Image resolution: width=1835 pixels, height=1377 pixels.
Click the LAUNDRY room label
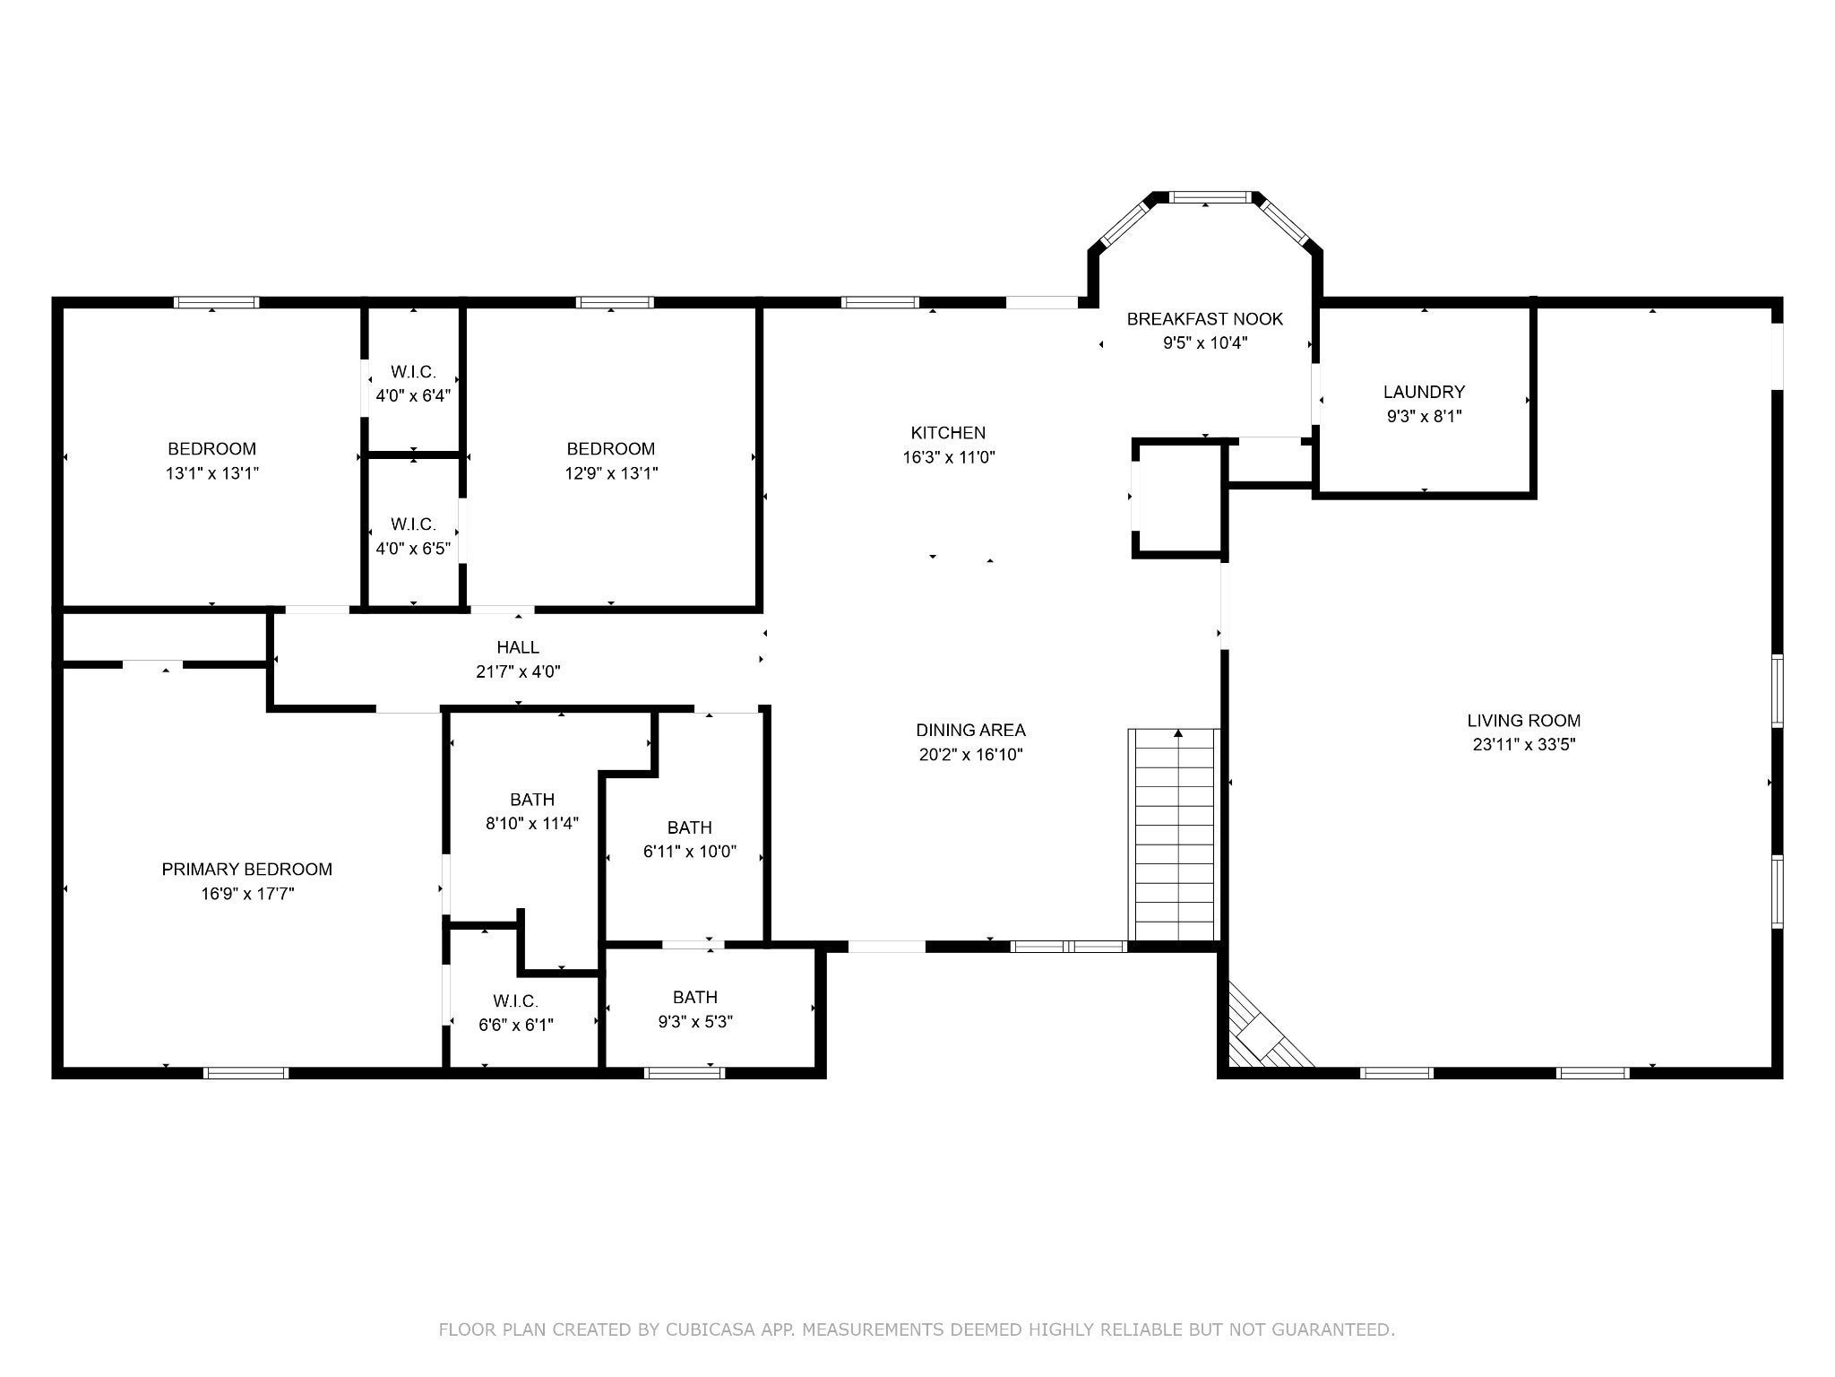1424,392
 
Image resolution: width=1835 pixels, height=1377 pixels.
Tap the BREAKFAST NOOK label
1205,319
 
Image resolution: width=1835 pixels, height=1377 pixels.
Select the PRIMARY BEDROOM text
246,869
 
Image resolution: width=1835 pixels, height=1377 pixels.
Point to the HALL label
518,647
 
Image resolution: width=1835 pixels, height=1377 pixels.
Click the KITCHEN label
948,433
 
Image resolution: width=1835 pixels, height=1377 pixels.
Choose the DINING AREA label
970,730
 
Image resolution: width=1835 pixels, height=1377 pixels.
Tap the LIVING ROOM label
1523,720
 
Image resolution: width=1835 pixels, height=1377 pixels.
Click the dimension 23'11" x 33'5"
1523,744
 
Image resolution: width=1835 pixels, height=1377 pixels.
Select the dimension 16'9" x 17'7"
247,893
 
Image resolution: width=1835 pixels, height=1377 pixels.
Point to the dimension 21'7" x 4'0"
518,671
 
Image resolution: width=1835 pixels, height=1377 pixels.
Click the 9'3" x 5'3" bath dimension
694,1021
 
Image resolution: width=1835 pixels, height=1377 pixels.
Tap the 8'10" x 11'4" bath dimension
532,823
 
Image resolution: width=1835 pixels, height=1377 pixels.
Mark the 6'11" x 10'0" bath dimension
689,852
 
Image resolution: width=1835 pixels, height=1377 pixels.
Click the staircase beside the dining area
1175,835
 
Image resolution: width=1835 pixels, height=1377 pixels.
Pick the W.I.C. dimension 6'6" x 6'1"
515,1025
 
